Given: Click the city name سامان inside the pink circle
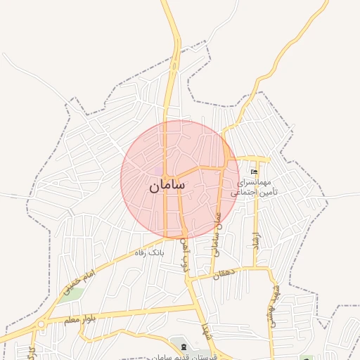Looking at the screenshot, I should [x=167, y=186].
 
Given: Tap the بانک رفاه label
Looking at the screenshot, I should [x=149, y=252].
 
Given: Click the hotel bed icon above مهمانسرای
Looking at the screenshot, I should [x=254, y=172].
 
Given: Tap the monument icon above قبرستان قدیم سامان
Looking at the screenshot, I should [x=184, y=347].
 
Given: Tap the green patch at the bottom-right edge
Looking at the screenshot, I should [x=305, y=357].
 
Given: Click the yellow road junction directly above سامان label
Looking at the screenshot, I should [x=165, y=174].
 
